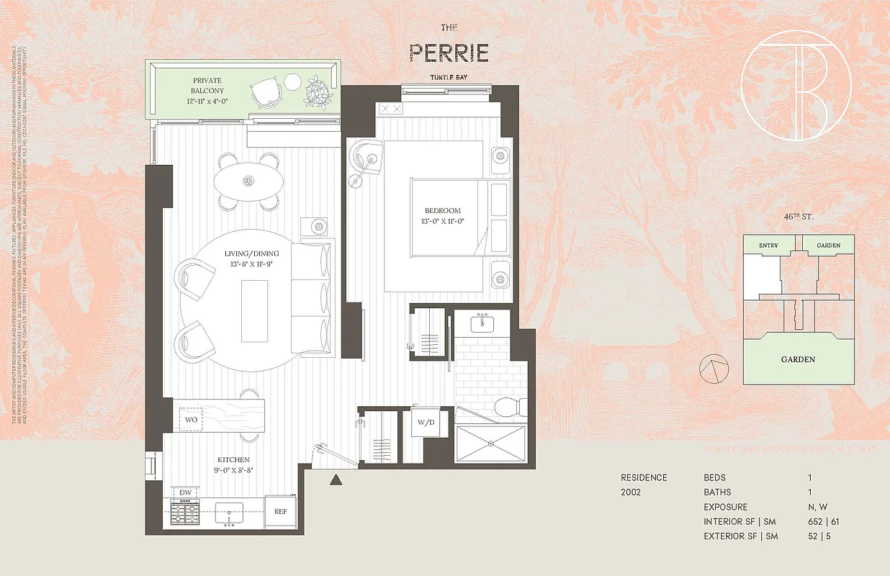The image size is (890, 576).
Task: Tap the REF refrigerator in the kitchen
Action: (x=280, y=512)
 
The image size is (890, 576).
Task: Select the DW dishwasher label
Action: (x=186, y=492)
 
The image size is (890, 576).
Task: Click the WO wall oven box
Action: (x=192, y=418)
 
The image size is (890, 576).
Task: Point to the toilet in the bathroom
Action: (x=508, y=407)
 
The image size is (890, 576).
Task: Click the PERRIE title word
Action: (x=449, y=53)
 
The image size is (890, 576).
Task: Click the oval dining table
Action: (x=249, y=181)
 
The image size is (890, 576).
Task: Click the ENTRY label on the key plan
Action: (x=768, y=246)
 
